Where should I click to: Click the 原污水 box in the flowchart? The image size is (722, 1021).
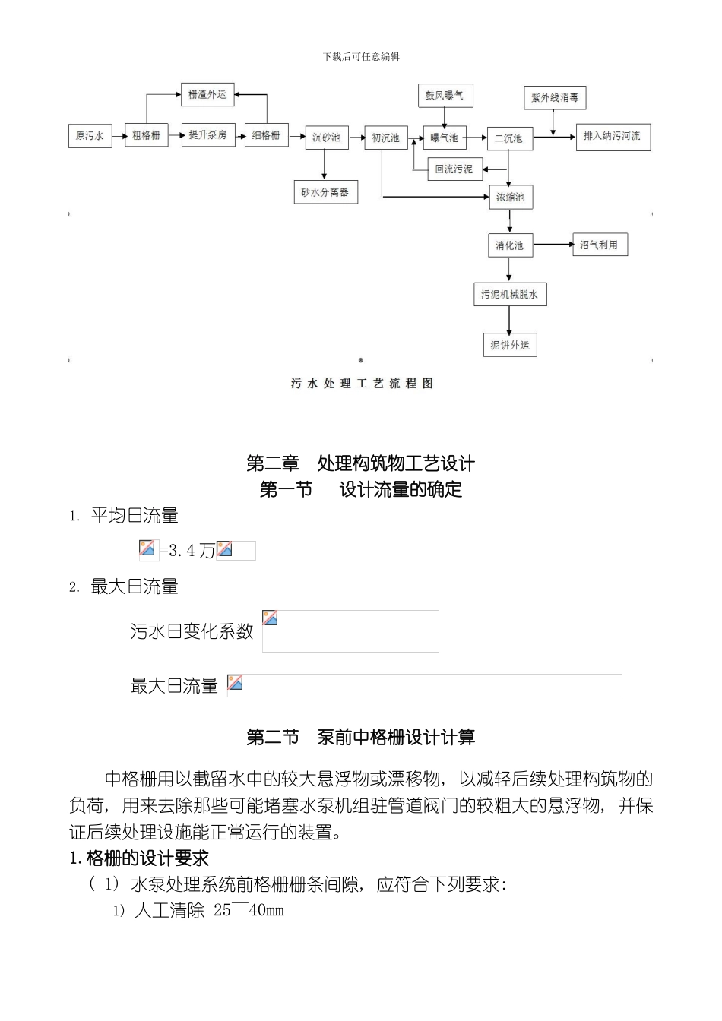tap(90, 136)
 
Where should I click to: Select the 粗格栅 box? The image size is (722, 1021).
tap(146, 135)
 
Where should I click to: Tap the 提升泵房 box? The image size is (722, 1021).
tap(207, 134)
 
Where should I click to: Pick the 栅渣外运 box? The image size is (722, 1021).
tap(207, 94)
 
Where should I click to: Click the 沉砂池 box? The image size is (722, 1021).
tap(326, 138)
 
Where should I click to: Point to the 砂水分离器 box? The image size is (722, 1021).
tap(325, 192)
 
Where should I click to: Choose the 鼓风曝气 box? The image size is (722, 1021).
tap(445, 96)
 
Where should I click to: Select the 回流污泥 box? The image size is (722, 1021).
tap(454, 169)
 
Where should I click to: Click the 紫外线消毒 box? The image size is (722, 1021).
tap(555, 98)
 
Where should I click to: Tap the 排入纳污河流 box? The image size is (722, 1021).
tap(612, 136)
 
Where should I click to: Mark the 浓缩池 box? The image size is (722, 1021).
tap(510, 198)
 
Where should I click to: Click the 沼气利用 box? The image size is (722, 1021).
tap(599, 245)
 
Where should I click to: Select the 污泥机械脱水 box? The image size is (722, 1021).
tap(509, 295)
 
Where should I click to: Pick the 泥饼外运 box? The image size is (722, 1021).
tap(509, 345)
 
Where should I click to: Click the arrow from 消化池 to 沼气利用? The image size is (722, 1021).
tap(552, 245)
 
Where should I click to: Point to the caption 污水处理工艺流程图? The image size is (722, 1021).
tap(362, 384)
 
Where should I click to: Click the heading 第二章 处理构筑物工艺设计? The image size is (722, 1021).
tap(361, 463)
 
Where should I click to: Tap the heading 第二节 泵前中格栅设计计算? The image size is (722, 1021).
tap(361, 737)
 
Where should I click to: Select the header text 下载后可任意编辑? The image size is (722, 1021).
tap(361, 57)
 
